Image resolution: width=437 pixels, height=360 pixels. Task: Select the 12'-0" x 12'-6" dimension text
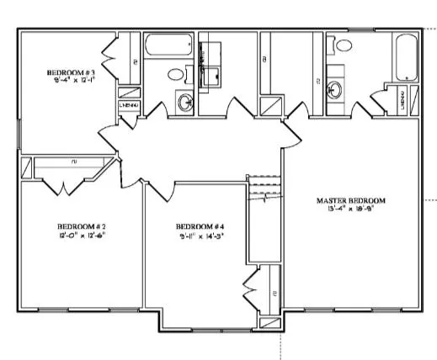81,236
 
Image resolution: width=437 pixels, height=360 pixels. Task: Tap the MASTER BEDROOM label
350,200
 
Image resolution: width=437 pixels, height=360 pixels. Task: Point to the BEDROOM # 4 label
199,227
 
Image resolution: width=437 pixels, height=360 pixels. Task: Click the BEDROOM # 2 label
81,227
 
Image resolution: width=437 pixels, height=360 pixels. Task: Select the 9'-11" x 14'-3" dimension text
199,236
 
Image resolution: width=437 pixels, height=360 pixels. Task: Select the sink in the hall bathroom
184,103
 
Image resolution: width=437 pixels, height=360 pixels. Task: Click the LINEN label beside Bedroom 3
128,105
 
